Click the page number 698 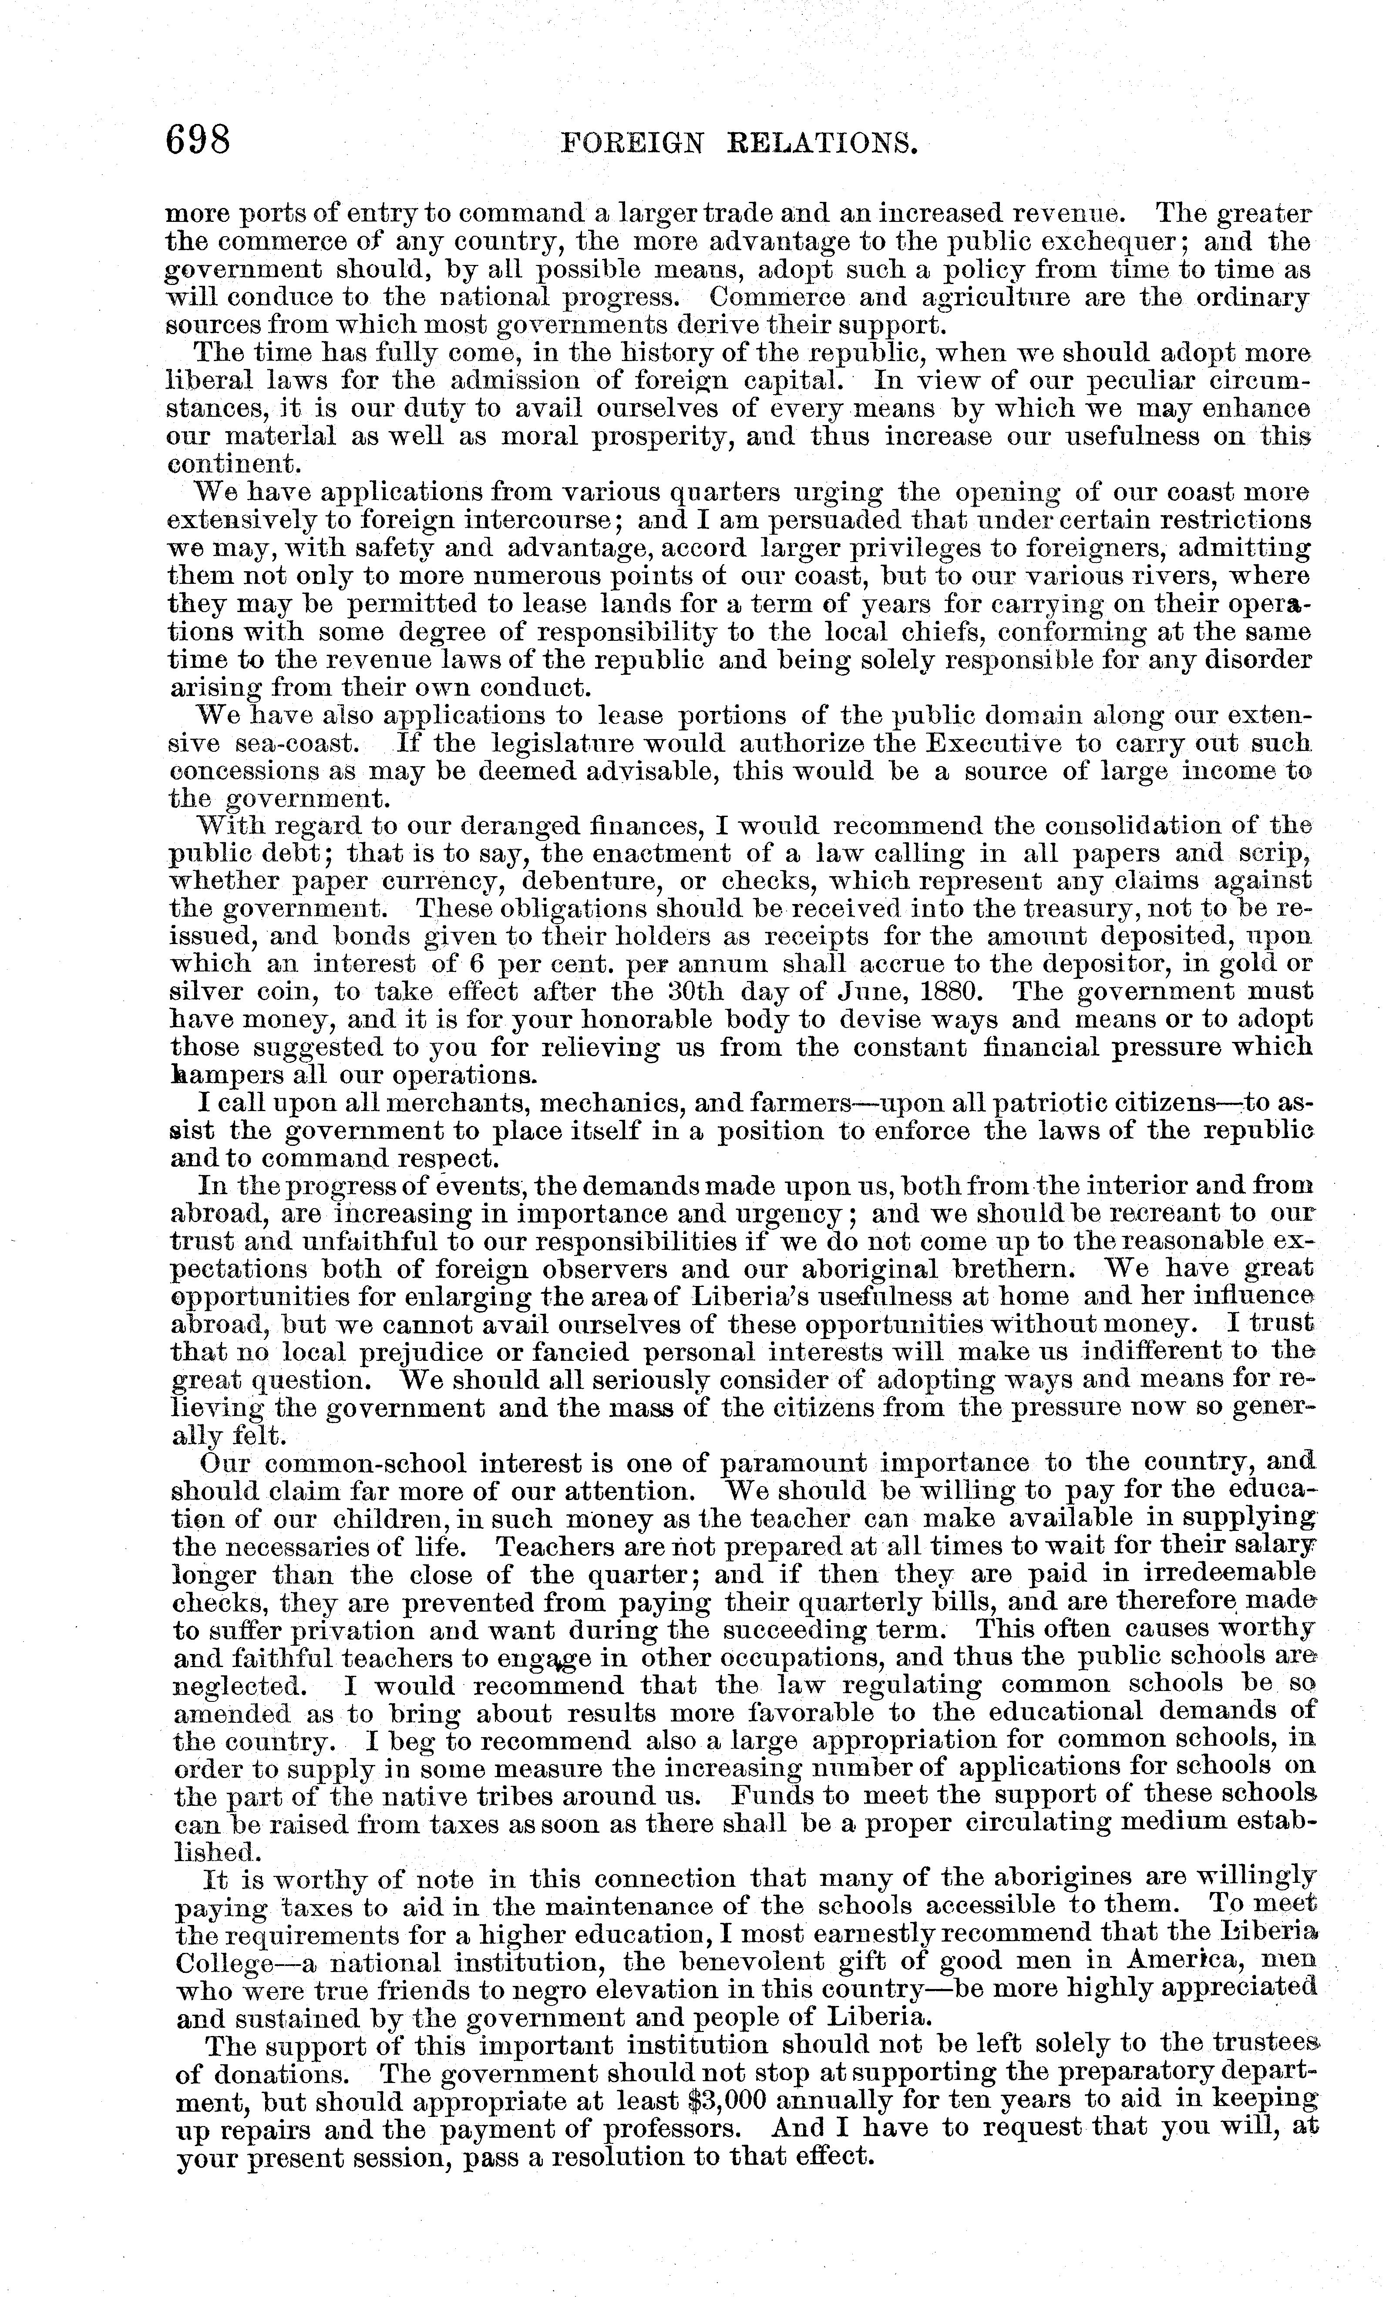tap(198, 142)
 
